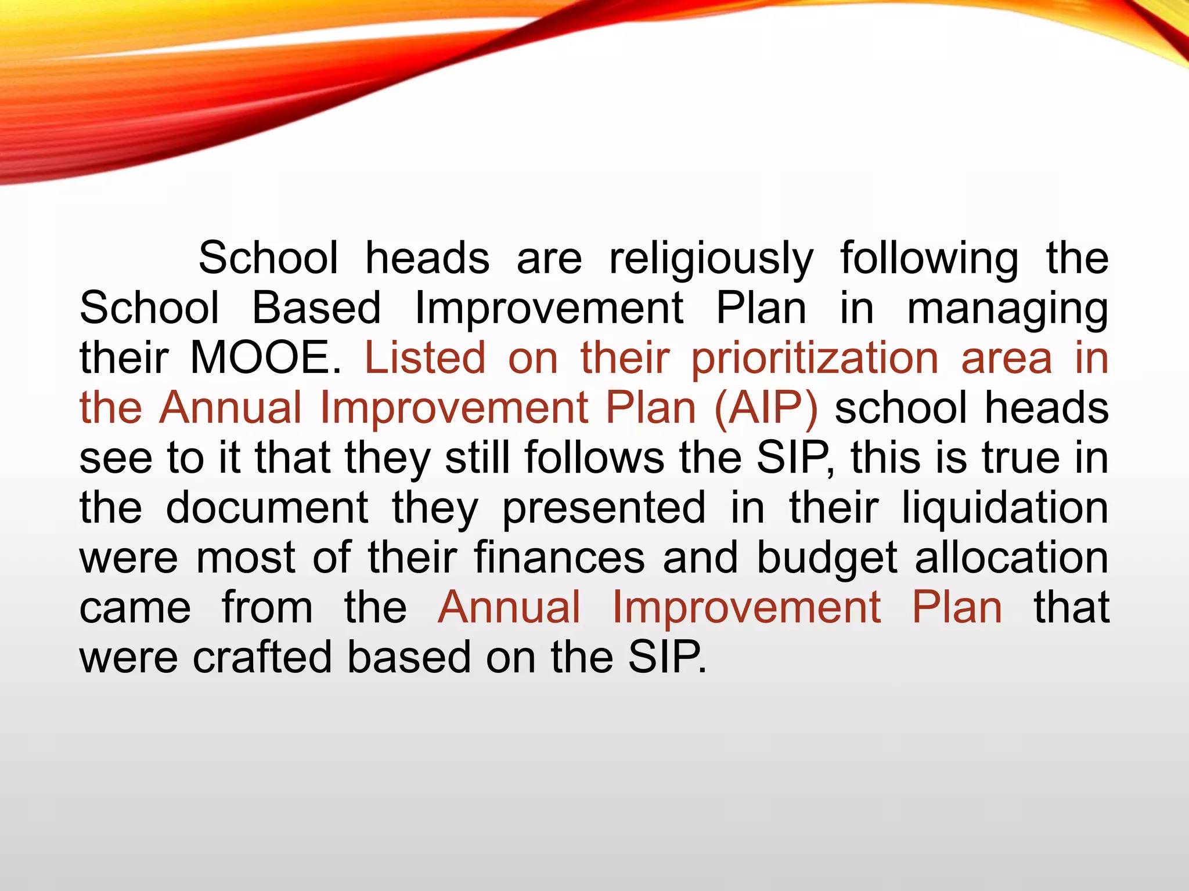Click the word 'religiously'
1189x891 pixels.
click(711, 259)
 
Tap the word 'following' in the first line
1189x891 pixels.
click(929, 259)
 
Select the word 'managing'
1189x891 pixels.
click(1007, 309)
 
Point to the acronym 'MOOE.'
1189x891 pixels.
click(266, 358)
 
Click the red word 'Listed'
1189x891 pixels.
click(425, 358)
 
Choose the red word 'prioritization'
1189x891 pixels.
click(815, 358)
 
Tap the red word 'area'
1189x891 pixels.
click(1006, 358)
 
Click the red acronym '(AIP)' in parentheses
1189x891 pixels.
click(766, 408)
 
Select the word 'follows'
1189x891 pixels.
click(594, 458)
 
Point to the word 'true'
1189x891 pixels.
click(1021, 458)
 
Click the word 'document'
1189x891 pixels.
click(267, 508)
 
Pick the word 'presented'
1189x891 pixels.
click(604, 508)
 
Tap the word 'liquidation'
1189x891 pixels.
click(1005, 508)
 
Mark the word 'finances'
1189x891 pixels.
click(560, 557)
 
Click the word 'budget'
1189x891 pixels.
click(827, 557)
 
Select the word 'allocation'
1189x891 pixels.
click(1012, 557)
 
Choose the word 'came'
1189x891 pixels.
click(135, 607)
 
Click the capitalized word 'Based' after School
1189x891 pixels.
click(316, 309)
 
